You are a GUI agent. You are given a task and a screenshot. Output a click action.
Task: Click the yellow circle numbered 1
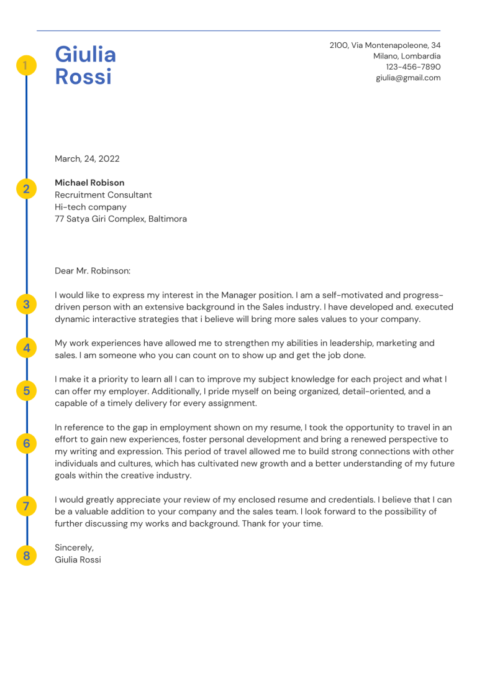(26, 65)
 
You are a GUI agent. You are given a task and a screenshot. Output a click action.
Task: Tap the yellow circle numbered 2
(26, 189)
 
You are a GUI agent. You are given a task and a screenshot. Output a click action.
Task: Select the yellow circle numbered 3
(26, 305)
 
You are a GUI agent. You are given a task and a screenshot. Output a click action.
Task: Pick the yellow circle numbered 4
(26, 348)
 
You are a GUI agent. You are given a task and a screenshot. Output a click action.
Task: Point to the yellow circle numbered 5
(26, 391)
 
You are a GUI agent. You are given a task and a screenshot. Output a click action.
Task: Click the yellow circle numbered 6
(26, 443)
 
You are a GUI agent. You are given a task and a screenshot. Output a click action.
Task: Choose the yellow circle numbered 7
(26, 506)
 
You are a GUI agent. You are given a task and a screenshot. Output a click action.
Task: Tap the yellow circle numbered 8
(26, 556)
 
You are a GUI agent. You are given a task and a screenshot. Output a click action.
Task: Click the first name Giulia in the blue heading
(85, 55)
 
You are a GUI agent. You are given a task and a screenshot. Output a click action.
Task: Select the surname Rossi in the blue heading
(83, 77)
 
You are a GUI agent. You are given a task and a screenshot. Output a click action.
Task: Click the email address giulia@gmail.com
(408, 78)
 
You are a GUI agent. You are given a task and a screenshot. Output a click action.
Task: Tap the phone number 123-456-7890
(413, 67)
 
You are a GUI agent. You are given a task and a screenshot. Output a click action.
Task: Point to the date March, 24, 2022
(87, 159)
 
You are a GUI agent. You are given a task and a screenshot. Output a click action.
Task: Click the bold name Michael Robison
(89, 183)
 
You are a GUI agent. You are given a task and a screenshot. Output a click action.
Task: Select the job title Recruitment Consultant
(103, 195)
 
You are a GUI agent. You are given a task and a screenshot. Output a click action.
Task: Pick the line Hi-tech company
(90, 207)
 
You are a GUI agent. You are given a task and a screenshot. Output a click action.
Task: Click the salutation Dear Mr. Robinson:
(93, 271)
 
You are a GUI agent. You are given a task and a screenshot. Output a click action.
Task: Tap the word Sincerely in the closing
(74, 548)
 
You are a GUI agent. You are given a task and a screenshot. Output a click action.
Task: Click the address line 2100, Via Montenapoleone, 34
(384, 45)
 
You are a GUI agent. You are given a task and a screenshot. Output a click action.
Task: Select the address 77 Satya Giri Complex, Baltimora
(120, 219)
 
